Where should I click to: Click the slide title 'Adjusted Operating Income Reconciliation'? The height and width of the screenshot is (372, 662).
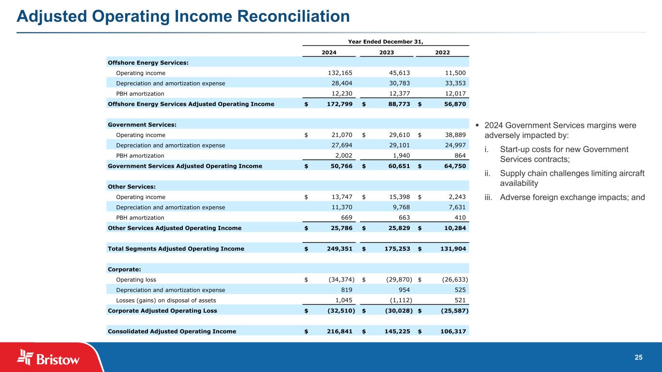[183, 17]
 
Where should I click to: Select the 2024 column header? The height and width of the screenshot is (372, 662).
[329, 52]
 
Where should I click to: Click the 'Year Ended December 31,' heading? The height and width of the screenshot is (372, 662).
[386, 41]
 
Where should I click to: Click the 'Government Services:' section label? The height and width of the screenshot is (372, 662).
[142, 125]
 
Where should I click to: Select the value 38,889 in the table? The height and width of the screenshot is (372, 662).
[454, 135]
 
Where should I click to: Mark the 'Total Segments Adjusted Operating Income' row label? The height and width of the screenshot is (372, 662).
[176, 249]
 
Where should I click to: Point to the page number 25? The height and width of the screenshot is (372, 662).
[639, 357]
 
